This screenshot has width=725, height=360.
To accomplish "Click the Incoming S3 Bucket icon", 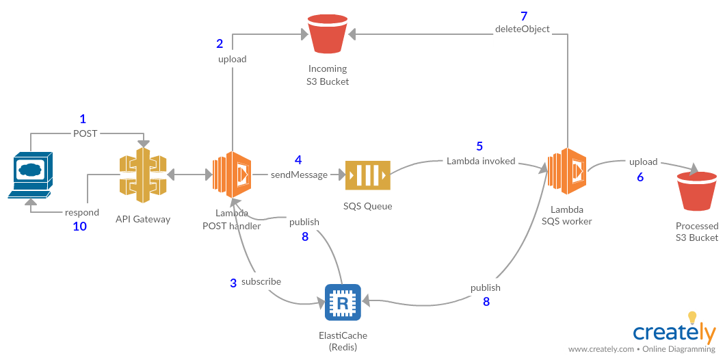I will point(328,35).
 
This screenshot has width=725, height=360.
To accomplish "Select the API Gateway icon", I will point(143,175).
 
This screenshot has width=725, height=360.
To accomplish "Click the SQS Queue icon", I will point(368,175).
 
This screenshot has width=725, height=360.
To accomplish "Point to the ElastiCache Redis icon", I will point(343,302).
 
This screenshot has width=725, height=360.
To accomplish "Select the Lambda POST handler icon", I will point(230,175).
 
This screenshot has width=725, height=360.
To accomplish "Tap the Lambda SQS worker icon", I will point(566,171).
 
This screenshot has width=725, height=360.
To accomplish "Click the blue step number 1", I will point(83,119).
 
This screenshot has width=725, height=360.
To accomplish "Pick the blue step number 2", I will point(220,44).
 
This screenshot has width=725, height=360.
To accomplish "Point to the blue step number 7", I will point(524,16).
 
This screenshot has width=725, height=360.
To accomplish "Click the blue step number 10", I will point(80,227).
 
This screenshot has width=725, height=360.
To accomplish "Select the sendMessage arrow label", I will point(299,175).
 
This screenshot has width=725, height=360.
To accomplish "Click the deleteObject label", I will point(523,29).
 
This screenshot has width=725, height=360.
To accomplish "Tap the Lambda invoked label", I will point(481,161).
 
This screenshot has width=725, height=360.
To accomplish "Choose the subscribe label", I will point(261,281).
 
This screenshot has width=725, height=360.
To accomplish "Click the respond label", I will point(82,212).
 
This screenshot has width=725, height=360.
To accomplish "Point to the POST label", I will point(85,133).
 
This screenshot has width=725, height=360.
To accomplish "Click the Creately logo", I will point(674,333).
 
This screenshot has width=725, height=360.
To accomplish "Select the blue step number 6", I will point(640,177).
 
